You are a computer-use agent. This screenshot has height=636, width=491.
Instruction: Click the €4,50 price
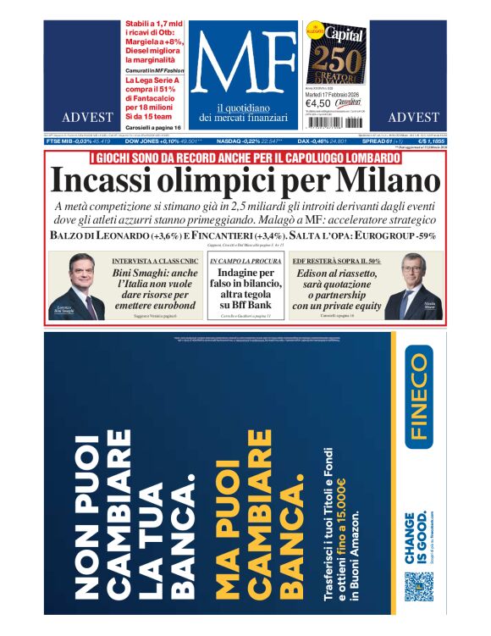[x=318, y=105]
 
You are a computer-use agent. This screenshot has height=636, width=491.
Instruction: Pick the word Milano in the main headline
[x=389, y=181]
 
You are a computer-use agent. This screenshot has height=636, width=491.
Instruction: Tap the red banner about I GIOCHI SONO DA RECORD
[x=245, y=158]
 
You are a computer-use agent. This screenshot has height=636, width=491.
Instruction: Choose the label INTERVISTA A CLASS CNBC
[x=149, y=262]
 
